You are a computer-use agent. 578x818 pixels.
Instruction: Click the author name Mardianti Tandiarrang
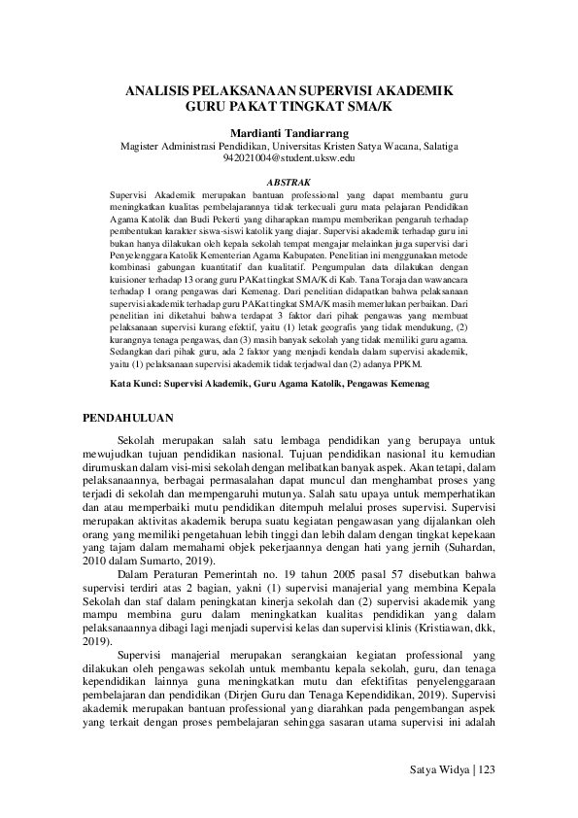tap(289, 131)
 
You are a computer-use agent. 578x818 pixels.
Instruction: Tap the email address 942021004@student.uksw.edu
tap(289, 156)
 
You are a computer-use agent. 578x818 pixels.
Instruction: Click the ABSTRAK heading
tap(289, 181)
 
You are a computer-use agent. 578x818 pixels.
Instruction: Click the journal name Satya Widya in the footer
tap(438, 769)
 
